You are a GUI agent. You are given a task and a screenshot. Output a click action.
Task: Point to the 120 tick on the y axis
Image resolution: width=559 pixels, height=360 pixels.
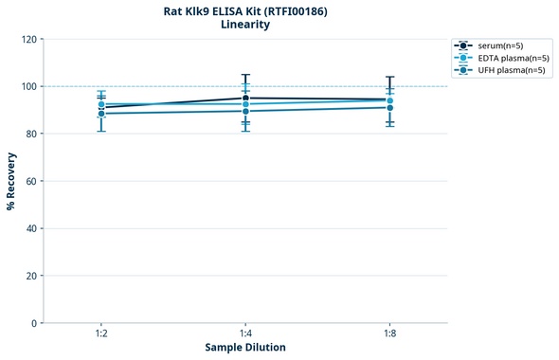click(x=28, y=39)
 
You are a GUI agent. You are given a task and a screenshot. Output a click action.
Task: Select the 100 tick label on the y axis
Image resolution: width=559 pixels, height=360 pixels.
click(x=28, y=86)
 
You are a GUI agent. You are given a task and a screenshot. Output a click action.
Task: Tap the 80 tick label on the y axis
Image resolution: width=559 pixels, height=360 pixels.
click(x=31, y=134)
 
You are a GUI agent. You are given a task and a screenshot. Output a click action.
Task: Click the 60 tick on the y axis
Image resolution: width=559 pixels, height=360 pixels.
click(x=31, y=181)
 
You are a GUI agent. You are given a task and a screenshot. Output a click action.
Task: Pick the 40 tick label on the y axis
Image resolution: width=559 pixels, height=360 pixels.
click(x=31, y=228)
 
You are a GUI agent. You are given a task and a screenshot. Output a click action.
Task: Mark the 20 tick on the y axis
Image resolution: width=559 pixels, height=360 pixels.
click(x=31, y=276)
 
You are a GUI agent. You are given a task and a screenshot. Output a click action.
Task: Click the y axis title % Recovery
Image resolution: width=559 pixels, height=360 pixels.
click(x=11, y=181)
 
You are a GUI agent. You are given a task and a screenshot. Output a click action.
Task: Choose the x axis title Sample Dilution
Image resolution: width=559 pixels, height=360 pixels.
click(x=245, y=348)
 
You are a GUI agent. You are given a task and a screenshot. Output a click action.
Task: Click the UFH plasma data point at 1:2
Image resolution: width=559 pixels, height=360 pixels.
click(x=101, y=114)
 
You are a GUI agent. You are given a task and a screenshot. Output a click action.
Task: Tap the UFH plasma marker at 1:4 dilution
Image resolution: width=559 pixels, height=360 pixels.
click(x=245, y=111)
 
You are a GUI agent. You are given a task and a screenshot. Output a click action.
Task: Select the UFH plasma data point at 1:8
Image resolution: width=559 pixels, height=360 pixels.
click(x=390, y=107)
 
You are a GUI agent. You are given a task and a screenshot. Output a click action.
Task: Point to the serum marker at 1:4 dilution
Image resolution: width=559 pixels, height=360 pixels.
click(x=245, y=98)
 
